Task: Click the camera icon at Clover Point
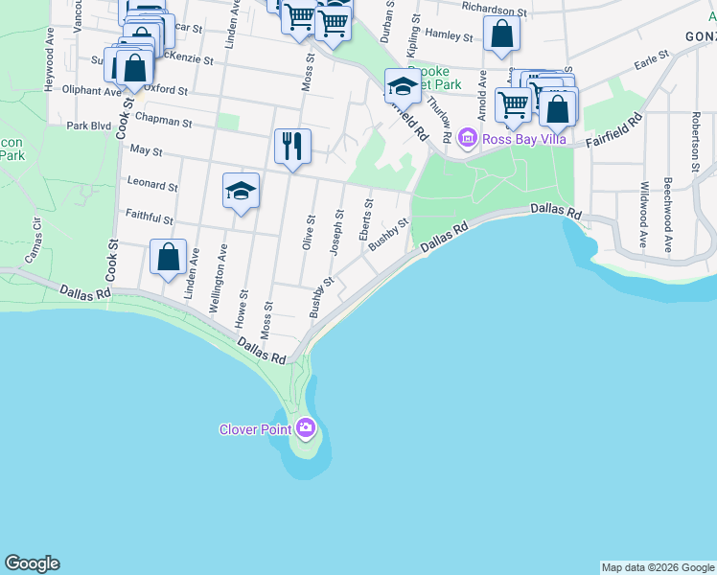point(306,427)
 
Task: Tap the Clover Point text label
point(255,429)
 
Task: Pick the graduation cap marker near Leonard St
point(242,191)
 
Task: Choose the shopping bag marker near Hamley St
point(501,34)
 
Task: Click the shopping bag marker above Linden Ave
point(168,257)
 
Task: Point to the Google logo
point(32,563)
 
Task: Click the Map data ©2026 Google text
point(658,567)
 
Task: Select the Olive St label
point(309,231)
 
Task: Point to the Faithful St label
point(148,219)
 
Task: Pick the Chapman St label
point(163,123)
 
